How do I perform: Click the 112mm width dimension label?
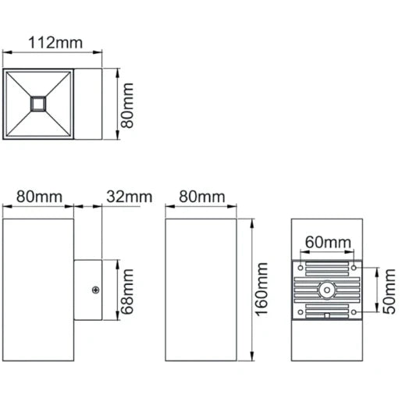pyautogui.click(x=52, y=42)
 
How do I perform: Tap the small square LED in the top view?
pyautogui.click(x=38, y=102)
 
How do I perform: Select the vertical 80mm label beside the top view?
pyautogui.click(x=129, y=106)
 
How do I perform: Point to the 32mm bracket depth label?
pyautogui.click(x=130, y=197)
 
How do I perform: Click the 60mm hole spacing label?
pyautogui.click(x=326, y=242)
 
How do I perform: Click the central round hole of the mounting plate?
pyautogui.click(x=326, y=291)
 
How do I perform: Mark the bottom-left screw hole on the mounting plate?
pyautogui.click(x=299, y=314)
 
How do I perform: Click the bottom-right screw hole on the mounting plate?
pyautogui.click(x=354, y=314)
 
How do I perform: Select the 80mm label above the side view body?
pyautogui.click(x=39, y=197)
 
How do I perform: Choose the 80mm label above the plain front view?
pyautogui.click(x=201, y=197)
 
